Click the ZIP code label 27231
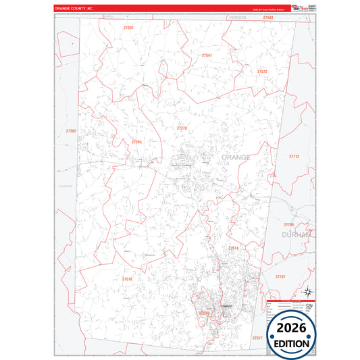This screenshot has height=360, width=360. click(x=128, y=28)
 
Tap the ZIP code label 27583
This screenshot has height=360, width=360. click(x=268, y=17)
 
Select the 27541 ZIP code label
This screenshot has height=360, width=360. click(x=207, y=55)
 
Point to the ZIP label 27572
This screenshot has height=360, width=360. click(x=262, y=71)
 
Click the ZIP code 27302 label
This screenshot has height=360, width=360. click(x=71, y=130)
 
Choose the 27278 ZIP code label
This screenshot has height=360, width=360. click(x=182, y=128)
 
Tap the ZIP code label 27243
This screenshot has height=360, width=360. click(x=136, y=142)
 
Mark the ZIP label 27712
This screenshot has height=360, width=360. click(x=294, y=156)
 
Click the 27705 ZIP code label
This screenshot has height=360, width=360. click(x=289, y=224)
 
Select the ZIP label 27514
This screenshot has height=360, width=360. click(x=234, y=249)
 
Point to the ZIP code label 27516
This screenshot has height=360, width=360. click(x=127, y=279)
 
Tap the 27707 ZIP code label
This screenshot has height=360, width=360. click(x=280, y=276)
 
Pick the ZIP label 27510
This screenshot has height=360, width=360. click(x=203, y=313)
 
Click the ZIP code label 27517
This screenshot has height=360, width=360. click(x=257, y=337)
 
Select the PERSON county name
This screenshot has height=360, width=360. click(x=237, y=15)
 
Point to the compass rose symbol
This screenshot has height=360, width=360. click(x=307, y=292)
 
